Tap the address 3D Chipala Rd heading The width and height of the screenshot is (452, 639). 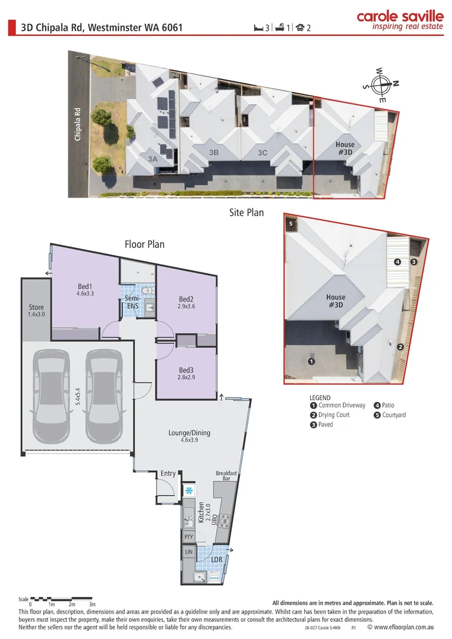pos(102,27)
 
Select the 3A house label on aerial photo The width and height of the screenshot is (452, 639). pos(152,159)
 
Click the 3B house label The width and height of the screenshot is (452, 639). pos(214,153)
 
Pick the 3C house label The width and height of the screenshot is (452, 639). pos(262,153)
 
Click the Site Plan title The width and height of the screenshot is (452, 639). pos(246,212)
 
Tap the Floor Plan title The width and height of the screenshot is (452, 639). pos(144,244)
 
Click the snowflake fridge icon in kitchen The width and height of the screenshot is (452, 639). pos(189,490)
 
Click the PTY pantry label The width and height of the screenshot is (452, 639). pos(188,537)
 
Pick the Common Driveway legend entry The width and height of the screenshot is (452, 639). pos(337,405)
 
